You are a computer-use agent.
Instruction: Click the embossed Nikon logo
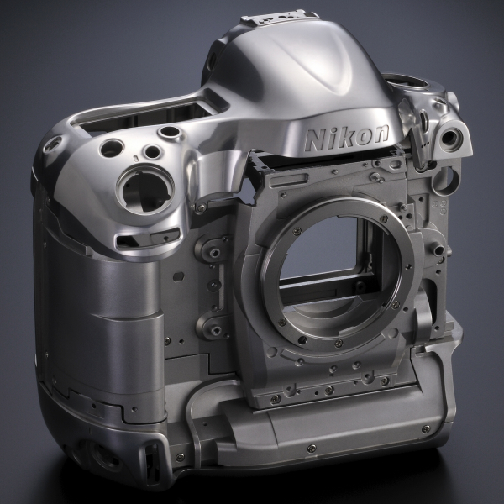[x=346, y=138]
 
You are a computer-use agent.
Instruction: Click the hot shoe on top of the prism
[x=279, y=17]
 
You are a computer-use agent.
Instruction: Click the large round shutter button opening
[x=145, y=191]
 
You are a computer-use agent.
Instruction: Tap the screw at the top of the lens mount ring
[x=383, y=219]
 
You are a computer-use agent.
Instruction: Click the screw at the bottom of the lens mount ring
[x=339, y=344]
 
